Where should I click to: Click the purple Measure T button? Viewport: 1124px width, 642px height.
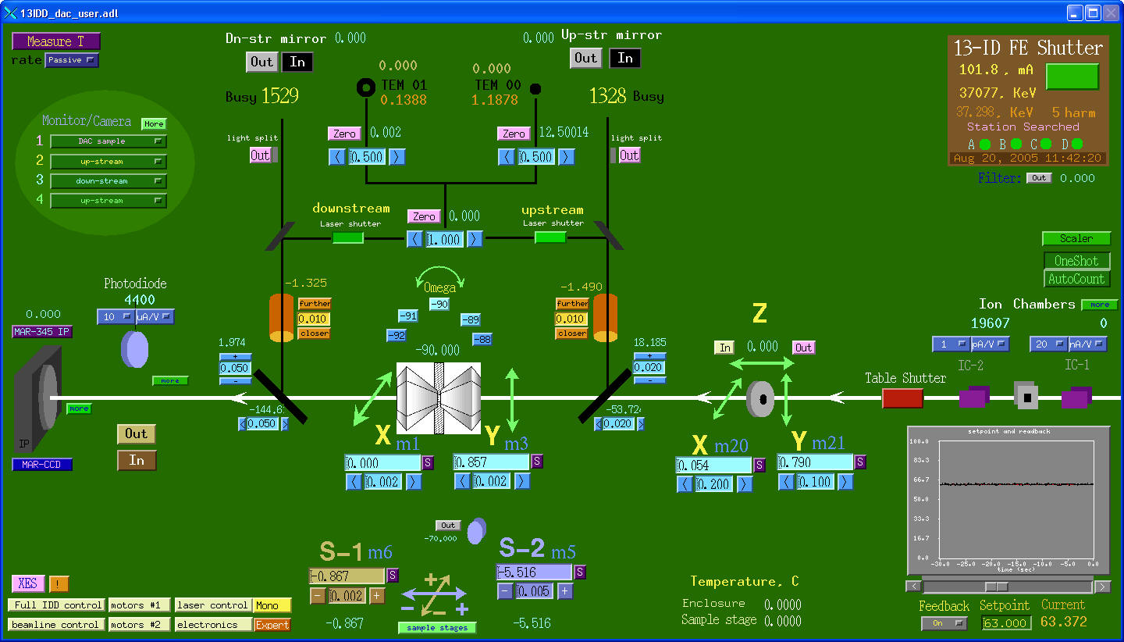point(55,41)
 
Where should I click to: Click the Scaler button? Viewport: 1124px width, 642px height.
point(1076,239)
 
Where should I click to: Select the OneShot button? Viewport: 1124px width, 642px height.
point(1076,261)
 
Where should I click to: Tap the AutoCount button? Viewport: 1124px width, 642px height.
point(1076,279)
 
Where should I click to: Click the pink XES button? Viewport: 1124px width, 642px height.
point(27,584)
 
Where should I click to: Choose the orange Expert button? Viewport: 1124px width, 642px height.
point(272,625)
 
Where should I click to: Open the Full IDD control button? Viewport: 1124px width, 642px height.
point(56,605)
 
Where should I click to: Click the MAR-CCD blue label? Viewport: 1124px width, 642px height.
point(42,465)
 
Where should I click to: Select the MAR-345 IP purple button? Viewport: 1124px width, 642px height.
point(42,332)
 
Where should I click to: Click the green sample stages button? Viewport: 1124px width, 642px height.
point(437,628)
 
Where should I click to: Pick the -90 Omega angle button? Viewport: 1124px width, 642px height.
point(439,304)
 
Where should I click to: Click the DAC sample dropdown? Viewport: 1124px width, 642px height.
point(108,141)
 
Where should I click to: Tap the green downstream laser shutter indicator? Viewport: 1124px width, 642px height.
point(348,237)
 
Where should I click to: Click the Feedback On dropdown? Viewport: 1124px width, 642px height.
point(944,623)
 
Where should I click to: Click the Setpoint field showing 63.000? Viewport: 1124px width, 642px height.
point(1006,623)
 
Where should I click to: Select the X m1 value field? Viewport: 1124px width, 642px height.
point(382,463)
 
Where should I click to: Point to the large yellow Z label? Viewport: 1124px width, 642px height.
point(759,315)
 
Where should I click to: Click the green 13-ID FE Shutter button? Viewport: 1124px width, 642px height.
point(1072,77)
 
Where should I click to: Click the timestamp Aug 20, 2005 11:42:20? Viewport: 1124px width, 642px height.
point(1027,158)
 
